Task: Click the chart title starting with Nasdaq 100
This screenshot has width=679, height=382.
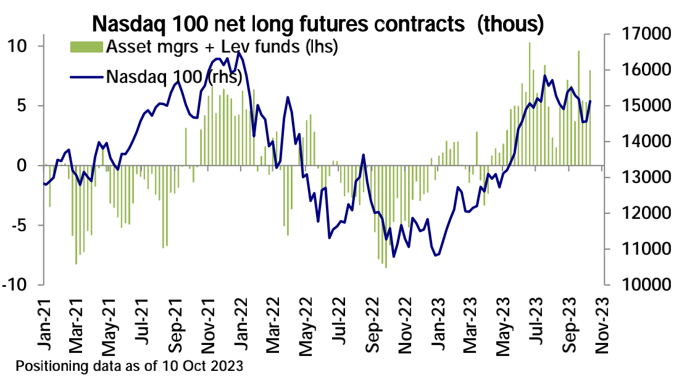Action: [x=318, y=25]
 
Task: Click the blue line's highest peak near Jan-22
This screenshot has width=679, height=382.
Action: [x=239, y=53]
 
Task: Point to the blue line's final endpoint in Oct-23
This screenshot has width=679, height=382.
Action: [x=590, y=101]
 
